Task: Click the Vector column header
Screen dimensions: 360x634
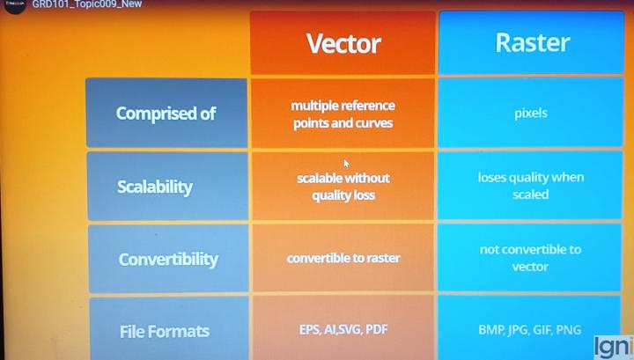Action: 343,43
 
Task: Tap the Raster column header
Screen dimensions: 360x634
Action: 533,42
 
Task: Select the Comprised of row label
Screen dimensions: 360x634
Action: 166,114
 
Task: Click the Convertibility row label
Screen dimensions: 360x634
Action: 167,260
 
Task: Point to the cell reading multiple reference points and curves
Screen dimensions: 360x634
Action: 343,114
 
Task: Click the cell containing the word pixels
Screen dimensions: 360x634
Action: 531,114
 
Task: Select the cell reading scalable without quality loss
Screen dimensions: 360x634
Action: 343,187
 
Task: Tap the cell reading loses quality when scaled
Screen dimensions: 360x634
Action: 531,185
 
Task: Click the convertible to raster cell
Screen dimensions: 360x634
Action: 343,258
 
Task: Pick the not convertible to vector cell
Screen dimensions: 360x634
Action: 531,258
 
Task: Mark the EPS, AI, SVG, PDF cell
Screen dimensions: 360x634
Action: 342,329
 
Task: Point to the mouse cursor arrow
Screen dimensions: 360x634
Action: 346,163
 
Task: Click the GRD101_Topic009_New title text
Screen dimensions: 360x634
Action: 86,4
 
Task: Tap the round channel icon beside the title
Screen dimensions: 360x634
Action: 15,5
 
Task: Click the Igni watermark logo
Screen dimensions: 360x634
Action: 614,346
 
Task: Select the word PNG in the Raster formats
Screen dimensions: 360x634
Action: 569,330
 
